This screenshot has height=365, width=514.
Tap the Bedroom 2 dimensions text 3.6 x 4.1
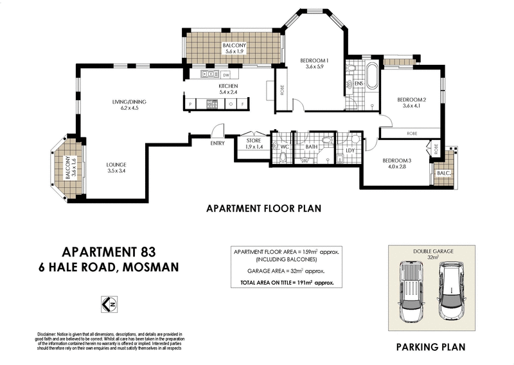(411, 106)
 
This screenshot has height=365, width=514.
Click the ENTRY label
(217, 143)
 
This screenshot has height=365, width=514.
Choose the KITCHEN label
(228, 86)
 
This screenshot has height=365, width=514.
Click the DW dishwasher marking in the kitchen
(226, 75)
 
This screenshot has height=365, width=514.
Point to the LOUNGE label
(116, 165)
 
